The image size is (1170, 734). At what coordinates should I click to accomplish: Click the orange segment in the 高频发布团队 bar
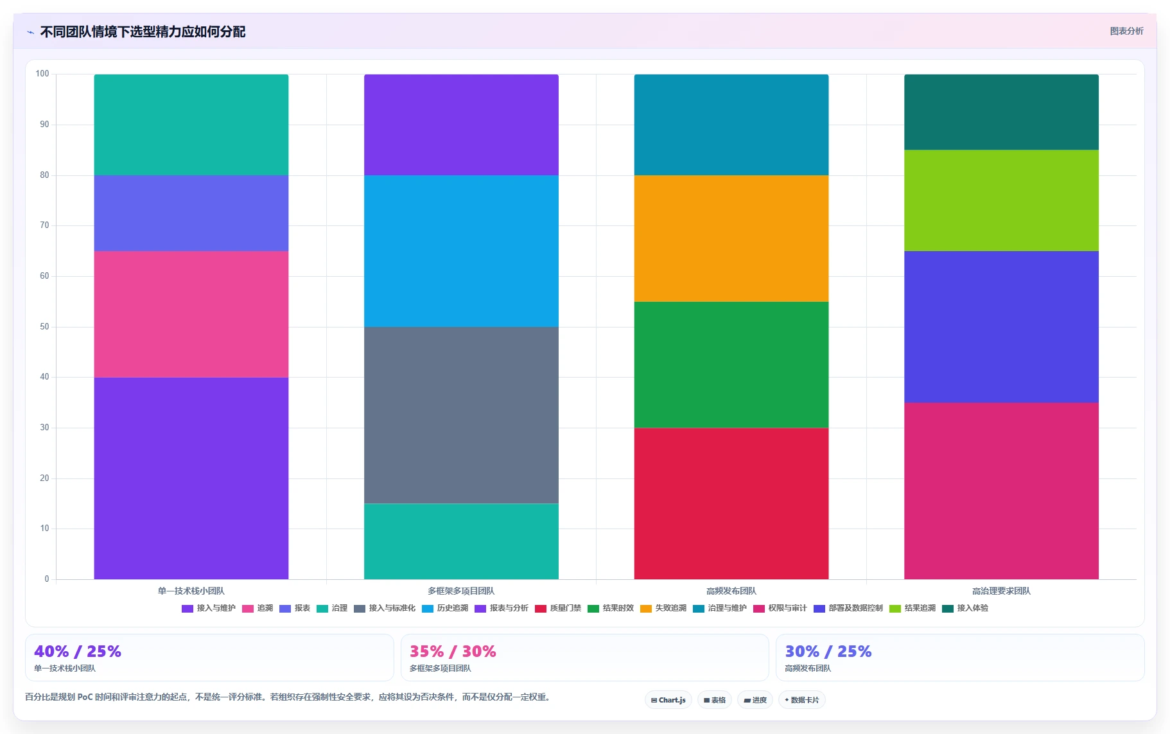[x=731, y=238]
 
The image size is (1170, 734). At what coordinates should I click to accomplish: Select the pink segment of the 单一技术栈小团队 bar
[x=191, y=314]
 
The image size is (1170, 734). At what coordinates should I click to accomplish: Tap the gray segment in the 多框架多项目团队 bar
[x=461, y=415]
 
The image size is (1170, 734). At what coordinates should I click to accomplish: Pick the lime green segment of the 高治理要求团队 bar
[x=1001, y=200]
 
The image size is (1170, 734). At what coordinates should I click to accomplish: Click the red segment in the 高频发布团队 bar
[x=731, y=503]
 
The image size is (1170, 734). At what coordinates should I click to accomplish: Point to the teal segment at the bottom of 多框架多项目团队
[x=461, y=541]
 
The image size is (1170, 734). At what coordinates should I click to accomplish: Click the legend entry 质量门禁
[x=558, y=608]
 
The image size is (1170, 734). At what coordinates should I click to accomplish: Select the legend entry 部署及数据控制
[x=848, y=608]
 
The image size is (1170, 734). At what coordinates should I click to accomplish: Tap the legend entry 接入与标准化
[x=385, y=608]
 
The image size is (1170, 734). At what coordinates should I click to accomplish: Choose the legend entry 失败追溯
[x=663, y=608]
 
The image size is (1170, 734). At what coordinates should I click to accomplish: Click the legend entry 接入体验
[x=965, y=608]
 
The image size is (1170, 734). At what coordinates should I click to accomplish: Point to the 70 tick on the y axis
[x=44, y=225]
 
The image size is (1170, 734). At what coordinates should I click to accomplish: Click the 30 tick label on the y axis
[x=44, y=428]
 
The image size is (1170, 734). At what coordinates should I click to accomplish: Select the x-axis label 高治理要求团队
[x=1001, y=591]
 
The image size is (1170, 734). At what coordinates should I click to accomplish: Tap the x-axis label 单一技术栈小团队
[x=191, y=591]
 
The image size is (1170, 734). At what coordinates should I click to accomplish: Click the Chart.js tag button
[x=668, y=700]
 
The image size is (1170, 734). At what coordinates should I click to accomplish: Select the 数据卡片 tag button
[x=801, y=700]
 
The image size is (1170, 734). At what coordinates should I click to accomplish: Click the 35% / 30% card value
[x=453, y=652]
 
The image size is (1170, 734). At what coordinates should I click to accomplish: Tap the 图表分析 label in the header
[x=1126, y=31]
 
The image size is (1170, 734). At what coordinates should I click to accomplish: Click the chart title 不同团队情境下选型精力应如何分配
[x=143, y=32]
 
